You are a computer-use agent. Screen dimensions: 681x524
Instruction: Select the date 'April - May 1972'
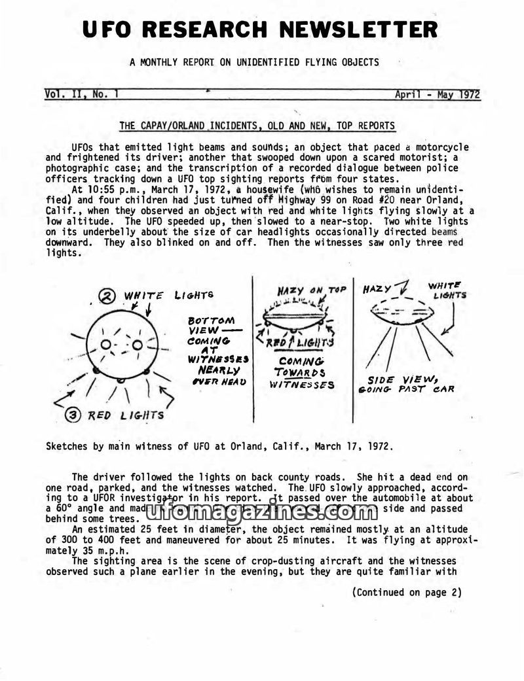coord(437,94)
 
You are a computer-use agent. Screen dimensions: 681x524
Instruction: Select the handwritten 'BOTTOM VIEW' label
coord(211,325)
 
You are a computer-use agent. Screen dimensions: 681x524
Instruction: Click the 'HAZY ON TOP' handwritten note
coord(311,290)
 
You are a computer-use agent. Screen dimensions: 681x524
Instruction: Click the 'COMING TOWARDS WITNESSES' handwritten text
coord(302,373)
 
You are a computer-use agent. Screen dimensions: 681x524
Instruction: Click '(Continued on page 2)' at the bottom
coord(406,593)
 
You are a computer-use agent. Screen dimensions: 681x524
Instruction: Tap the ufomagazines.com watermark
coord(262,512)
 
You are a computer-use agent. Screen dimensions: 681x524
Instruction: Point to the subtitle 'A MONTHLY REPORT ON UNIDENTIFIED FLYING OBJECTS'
coord(254,63)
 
